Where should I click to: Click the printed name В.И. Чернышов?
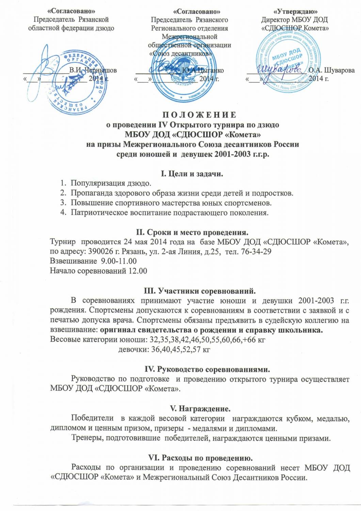point(93,71)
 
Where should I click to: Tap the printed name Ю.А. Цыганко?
point(203,71)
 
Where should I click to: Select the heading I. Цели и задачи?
point(192,174)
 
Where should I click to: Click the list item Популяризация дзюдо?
point(111,183)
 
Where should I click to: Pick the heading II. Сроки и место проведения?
point(192,233)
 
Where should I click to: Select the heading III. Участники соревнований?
point(200,291)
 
